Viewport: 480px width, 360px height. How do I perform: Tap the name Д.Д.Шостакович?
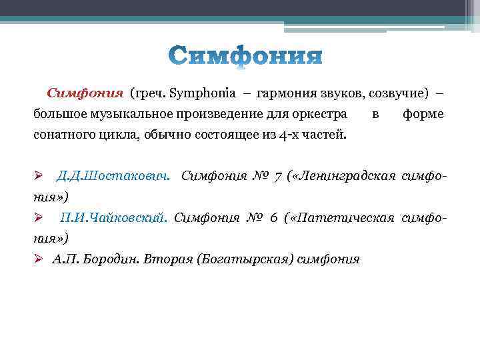coord(113,177)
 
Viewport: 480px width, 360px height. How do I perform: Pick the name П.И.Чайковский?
coord(113,218)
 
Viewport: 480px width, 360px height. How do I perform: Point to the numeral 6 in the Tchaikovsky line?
coord(273,218)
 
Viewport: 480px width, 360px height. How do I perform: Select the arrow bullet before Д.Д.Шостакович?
coord(39,177)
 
